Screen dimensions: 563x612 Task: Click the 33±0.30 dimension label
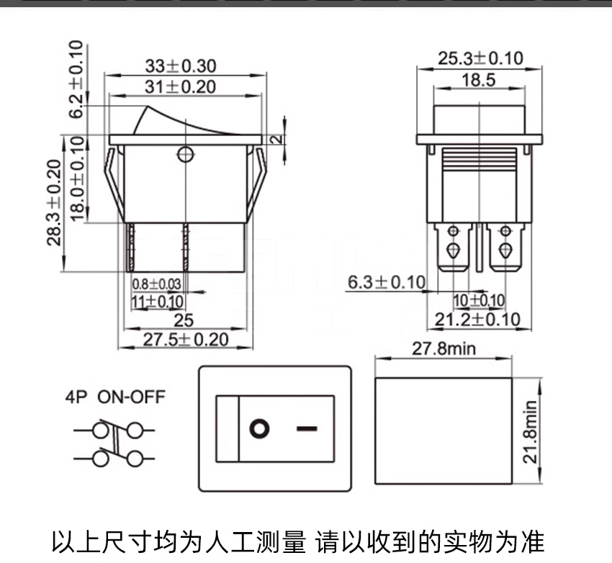[180, 66]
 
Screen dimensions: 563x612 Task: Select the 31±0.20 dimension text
[180, 87]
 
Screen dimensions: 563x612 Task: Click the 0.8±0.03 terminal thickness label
[156, 284]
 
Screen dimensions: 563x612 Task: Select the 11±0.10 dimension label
[157, 302]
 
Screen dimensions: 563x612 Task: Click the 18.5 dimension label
[479, 80]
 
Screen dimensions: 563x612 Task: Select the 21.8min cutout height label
[531, 431]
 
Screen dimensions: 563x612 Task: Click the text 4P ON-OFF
[115, 396]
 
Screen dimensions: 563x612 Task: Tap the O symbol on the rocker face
[259, 429]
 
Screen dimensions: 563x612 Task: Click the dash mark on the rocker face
[306, 429]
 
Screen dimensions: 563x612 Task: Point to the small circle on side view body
[185, 153]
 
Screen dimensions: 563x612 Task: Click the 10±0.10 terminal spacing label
[479, 300]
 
